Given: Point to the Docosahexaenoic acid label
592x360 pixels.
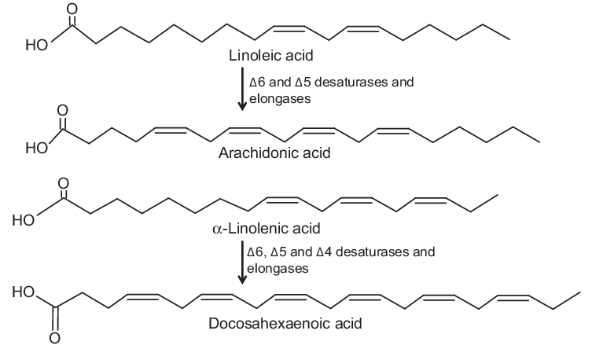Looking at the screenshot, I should pos(274,323).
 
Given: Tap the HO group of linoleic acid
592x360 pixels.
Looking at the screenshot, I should pos(36,45).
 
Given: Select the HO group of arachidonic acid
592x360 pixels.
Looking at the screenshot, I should pos(36,147).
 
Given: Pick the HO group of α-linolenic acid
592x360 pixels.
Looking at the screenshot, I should pos(24,219).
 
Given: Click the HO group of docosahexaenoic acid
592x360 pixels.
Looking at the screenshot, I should pos(24,294).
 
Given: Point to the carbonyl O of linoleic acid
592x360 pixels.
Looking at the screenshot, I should pos(74,8).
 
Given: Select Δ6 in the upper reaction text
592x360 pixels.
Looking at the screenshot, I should pos(257,82).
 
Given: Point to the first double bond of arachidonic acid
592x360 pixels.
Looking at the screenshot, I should pos(171,129).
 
